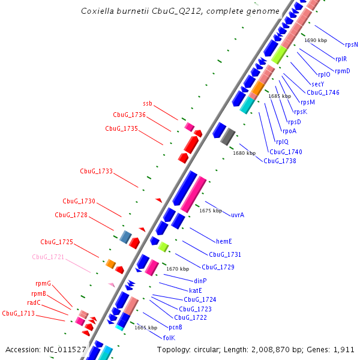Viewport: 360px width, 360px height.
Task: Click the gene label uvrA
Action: tap(238, 214)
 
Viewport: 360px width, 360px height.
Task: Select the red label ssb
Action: tap(148, 104)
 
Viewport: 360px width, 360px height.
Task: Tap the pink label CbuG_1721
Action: tap(48, 257)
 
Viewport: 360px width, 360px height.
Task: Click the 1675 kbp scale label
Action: tap(210, 211)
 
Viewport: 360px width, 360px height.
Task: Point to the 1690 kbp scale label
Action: tap(316, 40)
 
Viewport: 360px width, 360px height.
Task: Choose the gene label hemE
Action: tap(224, 241)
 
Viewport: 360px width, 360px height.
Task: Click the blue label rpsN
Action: tap(352, 44)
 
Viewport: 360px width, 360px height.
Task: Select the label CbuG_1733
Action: tap(96, 171)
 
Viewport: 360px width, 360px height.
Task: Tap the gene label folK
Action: tap(169, 338)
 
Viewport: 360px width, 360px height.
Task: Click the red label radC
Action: tap(34, 303)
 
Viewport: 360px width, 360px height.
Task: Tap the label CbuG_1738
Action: tap(279, 161)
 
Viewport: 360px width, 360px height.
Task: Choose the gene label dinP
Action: tap(200, 281)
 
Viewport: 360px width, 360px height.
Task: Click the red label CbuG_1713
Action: tap(18, 313)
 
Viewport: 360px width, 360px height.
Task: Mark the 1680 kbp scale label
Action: tap(244, 153)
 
